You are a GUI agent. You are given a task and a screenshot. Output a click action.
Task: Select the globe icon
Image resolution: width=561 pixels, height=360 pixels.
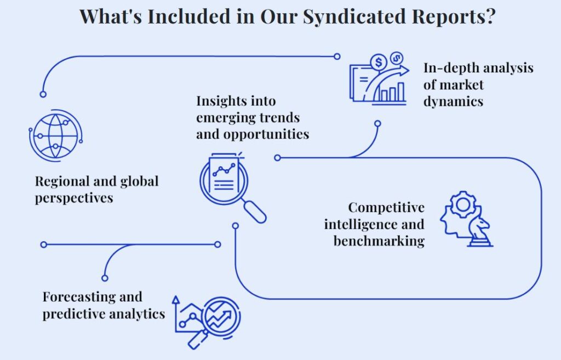point(56,136)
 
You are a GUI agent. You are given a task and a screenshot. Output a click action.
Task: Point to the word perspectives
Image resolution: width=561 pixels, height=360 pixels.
point(74,198)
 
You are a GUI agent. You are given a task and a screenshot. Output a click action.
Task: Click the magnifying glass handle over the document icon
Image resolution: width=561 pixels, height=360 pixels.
point(255,212)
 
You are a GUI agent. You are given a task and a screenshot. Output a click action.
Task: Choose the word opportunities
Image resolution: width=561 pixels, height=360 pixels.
point(266,135)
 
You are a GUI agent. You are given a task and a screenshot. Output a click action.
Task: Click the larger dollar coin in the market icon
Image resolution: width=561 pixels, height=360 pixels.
point(379,62)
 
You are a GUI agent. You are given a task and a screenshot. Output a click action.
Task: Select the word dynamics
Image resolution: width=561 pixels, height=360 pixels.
point(453,101)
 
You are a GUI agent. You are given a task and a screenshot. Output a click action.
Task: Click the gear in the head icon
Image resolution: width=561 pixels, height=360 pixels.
point(463,205)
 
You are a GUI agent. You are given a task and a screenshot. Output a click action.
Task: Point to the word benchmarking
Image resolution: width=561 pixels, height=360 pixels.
point(379,241)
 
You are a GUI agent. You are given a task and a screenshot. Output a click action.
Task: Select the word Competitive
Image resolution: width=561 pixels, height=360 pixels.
point(386,208)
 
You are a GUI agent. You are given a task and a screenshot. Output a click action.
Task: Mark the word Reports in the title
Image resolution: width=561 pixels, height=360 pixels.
point(448,16)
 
